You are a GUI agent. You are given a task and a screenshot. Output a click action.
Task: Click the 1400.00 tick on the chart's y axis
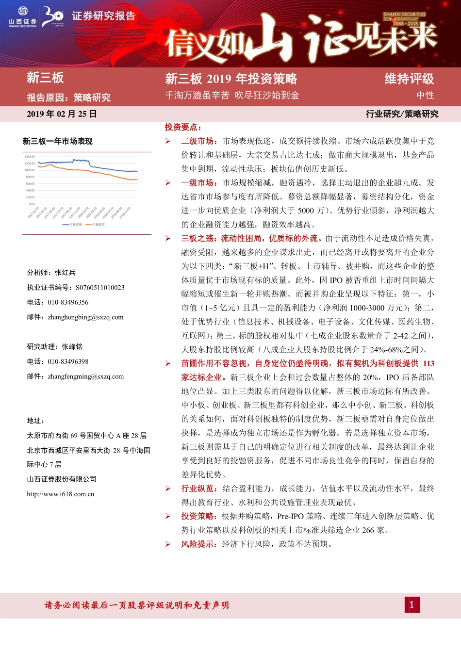[30, 157]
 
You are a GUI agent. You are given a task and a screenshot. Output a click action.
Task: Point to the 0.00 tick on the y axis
[32, 204]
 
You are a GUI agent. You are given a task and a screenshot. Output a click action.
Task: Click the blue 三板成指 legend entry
[72, 225]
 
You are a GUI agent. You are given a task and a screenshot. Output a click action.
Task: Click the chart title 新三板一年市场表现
[57, 141]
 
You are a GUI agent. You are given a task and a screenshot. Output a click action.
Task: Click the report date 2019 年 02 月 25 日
[62, 114]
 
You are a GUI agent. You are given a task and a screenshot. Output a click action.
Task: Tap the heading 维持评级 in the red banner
[409, 79]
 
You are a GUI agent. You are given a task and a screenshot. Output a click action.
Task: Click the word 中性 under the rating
[425, 96]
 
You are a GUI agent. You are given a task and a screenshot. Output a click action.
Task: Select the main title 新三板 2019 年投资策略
[231, 79]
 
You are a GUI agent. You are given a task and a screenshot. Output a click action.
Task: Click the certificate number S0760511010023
[100, 288]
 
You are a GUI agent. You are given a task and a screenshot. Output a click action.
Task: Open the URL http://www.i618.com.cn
[61, 494]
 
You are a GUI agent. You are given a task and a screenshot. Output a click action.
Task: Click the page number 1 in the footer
[412, 604]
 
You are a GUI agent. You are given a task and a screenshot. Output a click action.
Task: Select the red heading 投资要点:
[183, 127]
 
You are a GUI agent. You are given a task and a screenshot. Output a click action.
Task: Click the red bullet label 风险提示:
[199, 544]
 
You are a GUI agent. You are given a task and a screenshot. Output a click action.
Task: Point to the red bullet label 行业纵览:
[199, 489]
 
